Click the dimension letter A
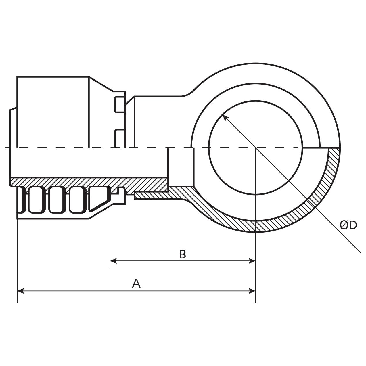click(x=136, y=283)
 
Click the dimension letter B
click(x=183, y=254)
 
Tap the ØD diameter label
click(x=348, y=225)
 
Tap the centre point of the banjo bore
click(x=255, y=148)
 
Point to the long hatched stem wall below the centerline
click(x=86, y=182)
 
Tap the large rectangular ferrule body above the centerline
click(x=53, y=112)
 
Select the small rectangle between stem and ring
click(x=181, y=167)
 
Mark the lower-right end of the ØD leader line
click(x=360, y=252)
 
